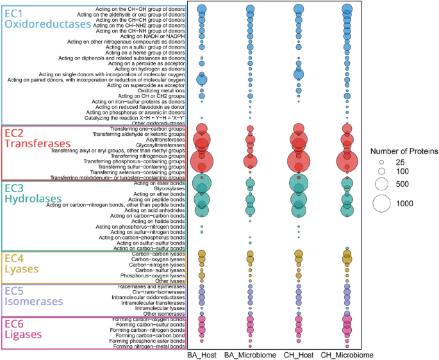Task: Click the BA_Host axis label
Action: pyautogui.click(x=202, y=354)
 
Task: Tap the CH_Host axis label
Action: pyautogui.click(x=298, y=354)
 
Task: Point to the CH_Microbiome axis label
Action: pyautogui.click(x=347, y=354)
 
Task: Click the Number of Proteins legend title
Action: pyautogui.click(x=403, y=151)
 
